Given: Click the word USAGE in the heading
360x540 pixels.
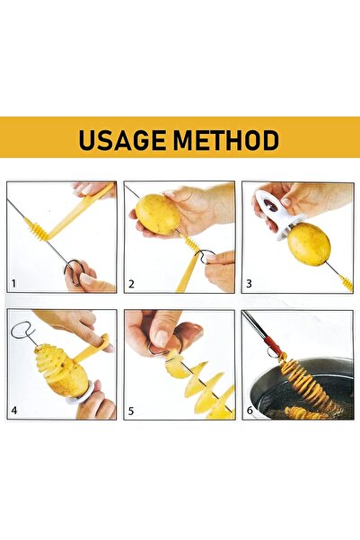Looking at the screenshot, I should pyautogui.click(x=122, y=141).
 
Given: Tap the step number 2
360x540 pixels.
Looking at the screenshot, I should pyautogui.click(x=131, y=284).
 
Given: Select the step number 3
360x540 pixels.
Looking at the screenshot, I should pyautogui.click(x=249, y=284).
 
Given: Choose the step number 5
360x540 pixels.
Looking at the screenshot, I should pyautogui.click(x=131, y=412).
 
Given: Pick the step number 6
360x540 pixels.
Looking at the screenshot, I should pyautogui.click(x=249, y=412).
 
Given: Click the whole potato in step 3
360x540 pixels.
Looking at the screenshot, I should pyautogui.click(x=308, y=244).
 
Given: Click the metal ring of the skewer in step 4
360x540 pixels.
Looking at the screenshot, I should pyautogui.click(x=21, y=332).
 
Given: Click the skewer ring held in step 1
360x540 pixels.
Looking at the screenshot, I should pyautogui.click(x=73, y=267).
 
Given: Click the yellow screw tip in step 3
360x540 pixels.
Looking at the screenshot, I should pyautogui.click(x=346, y=283).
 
